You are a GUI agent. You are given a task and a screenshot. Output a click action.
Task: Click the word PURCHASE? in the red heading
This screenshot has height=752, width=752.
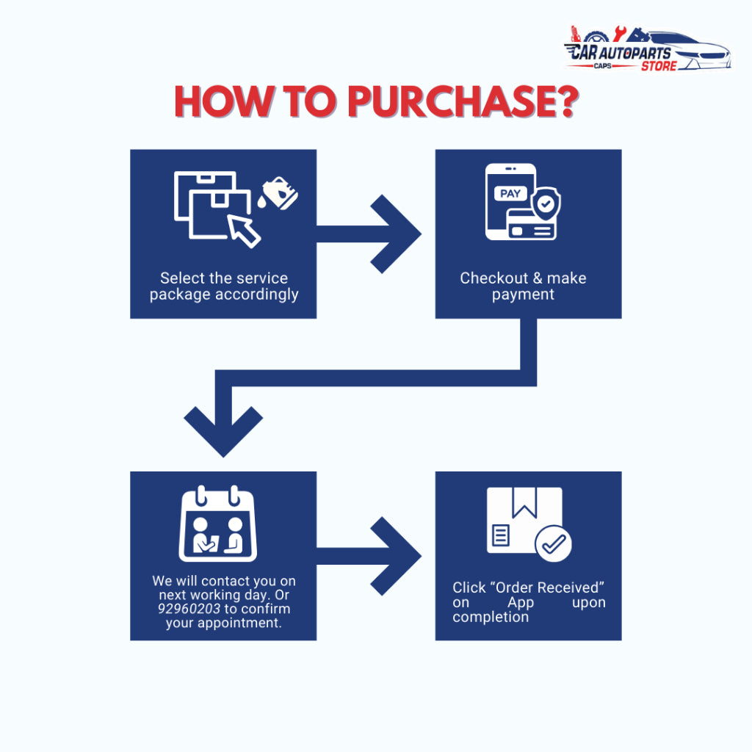point(463,101)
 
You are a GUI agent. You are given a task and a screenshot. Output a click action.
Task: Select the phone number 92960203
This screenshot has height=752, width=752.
point(189,609)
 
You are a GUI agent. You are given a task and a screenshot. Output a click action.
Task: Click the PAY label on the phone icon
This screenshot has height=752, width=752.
point(510,193)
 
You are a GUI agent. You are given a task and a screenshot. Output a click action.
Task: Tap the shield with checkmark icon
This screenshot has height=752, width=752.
point(546,204)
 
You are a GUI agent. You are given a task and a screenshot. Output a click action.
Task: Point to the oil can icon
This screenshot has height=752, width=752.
point(278,193)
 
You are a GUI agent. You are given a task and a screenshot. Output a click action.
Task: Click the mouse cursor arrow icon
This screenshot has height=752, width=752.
point(244,231)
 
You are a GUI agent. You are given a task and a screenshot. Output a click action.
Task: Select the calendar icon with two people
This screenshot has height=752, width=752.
point(217,524)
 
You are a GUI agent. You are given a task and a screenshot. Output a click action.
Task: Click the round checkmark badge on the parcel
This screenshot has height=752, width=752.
point(553,543)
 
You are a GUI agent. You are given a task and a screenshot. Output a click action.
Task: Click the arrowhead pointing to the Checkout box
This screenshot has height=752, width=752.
point(396,234)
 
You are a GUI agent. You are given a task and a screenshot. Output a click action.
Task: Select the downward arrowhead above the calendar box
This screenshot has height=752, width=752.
point(223,432)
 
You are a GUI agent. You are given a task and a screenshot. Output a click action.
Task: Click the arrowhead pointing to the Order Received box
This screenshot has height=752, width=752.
point(396,557)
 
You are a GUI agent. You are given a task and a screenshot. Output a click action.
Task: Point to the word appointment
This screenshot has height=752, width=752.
point(223,623)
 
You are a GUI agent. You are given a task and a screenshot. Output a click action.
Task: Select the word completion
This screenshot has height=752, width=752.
point(490,617)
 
